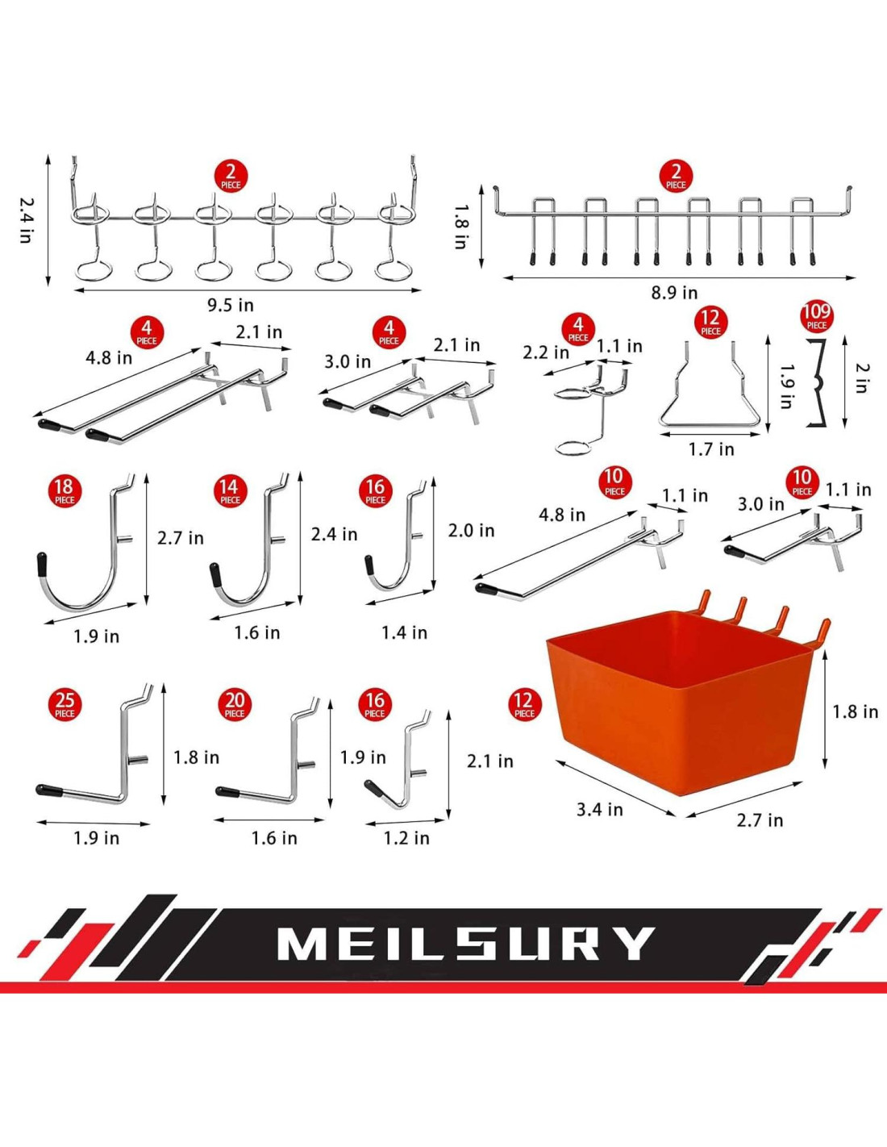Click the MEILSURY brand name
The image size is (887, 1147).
click(x=465, y=943)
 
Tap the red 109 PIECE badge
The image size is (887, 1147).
click(x=816, y=315)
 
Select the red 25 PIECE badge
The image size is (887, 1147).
click(x=65, y=704)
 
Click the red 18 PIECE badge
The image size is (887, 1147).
click(x=64, y=490)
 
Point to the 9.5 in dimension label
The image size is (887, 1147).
click(x=230, y=305)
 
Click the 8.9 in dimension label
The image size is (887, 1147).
click(x=674, y=293)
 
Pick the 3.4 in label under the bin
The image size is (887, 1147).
click(x=599, y=809)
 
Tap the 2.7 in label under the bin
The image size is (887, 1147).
click(x=760, y=820)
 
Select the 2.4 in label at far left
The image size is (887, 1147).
click(x=27, y=220)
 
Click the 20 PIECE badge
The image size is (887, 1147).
click(x=235, y=704)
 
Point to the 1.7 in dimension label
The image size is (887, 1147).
click(x=711, y=449)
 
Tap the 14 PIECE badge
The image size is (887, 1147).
click(x=230, y=490)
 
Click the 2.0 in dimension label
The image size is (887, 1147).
click(x=471, y=531)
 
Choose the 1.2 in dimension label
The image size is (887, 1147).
click(x=406, y=838)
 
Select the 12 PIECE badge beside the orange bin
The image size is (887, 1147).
click(x=524, y=704)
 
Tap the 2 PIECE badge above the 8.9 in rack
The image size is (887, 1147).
click(x=676, y=176)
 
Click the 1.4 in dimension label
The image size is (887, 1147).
click(x=404, y=633)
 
